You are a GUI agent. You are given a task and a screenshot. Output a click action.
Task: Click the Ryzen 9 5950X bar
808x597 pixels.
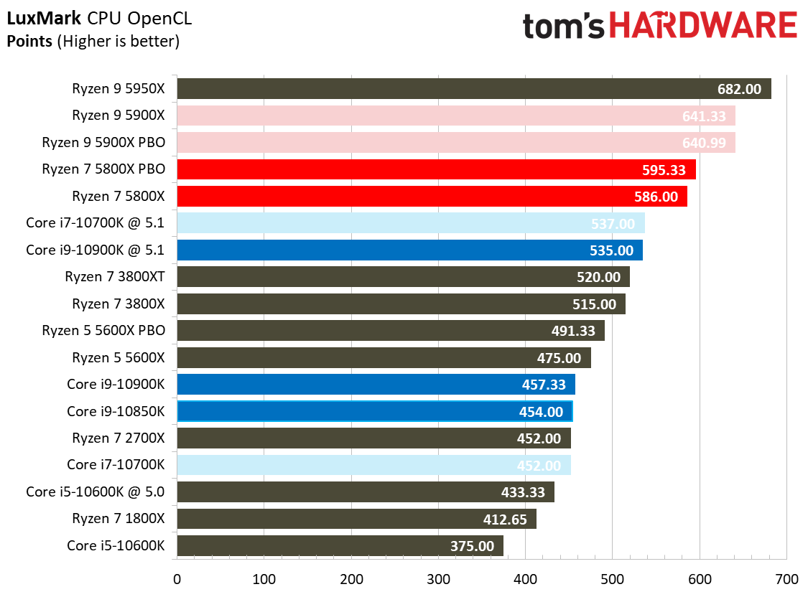pos(474,89)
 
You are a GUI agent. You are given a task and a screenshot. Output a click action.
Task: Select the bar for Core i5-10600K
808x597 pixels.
pos(340,546)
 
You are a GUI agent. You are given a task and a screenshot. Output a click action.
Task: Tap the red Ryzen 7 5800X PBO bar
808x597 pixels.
pos(436,169)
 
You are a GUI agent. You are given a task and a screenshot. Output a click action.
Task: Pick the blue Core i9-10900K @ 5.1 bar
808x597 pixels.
pos(409,250)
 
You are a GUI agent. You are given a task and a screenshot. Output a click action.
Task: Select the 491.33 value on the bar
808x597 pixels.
pos(572,331)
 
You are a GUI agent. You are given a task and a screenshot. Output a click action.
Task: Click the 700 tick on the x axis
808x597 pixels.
pos(786,578)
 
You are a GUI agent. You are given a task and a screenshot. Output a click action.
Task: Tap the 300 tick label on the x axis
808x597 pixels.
pos(438,578)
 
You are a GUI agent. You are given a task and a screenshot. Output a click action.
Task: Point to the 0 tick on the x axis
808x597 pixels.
pos(177,578)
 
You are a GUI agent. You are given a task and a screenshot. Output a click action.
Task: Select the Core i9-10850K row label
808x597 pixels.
pos(116,411)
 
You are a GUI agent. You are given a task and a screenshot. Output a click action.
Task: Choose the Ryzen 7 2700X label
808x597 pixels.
pos(119,438)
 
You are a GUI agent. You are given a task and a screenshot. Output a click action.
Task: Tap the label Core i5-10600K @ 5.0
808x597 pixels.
pos(96,492)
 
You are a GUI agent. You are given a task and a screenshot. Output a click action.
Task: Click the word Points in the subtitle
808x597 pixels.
pos(29,42)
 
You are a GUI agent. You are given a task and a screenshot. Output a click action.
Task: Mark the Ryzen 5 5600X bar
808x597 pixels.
pos(384,357)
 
